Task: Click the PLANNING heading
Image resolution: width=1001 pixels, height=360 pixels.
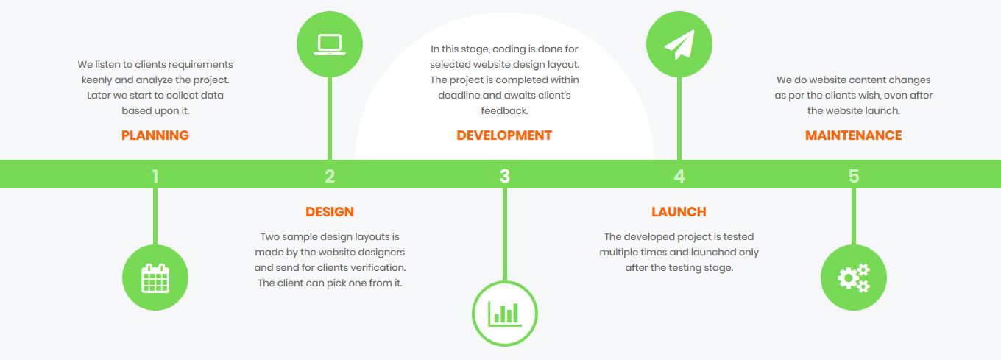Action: pos(155,135)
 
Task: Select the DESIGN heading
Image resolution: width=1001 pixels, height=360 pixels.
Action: pos(330,211)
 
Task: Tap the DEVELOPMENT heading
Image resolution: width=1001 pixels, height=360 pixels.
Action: pos(504,135)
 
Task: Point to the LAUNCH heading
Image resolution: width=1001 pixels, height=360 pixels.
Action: pos(679,211)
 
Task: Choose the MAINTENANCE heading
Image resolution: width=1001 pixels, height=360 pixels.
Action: pos(854,135)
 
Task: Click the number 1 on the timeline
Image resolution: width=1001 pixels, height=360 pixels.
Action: pos(155,176)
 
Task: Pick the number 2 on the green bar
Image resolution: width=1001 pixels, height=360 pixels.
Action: pos(330,176)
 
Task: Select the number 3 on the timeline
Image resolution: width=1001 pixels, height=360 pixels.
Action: pos(504,176)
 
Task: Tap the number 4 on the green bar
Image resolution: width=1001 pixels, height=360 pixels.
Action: pos(679,176)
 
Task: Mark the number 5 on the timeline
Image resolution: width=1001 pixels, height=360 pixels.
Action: pos(854,176)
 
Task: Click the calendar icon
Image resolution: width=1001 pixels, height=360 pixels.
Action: pos(155,278)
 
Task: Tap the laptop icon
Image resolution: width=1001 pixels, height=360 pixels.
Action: pos(330,44)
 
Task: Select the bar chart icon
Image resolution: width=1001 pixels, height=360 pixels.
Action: pos(505,314)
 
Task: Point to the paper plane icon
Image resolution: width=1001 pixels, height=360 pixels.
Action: pos(680,44)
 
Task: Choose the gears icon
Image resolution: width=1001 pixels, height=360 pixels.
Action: pos(854,278)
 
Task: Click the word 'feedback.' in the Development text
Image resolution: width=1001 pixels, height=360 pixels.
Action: pos(504,110)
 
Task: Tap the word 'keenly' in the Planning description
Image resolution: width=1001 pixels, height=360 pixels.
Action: pos(96,80)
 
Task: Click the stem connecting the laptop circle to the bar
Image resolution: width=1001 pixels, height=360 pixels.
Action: pos(330,118)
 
